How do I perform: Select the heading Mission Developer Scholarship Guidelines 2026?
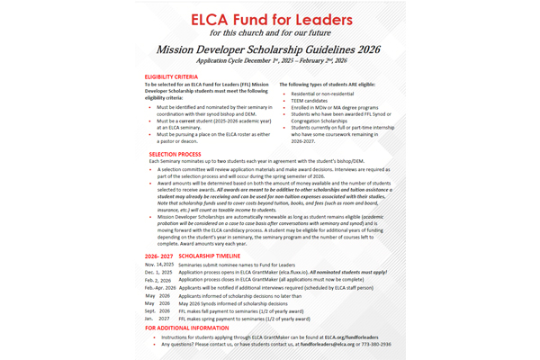pos(269,53)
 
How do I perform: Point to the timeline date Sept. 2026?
pos(157,310)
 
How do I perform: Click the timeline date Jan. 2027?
pos(157,319)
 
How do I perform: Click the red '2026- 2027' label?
pos(158,256)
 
